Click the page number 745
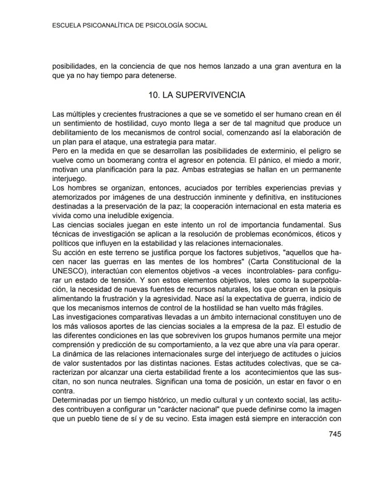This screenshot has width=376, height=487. (335, 434)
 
